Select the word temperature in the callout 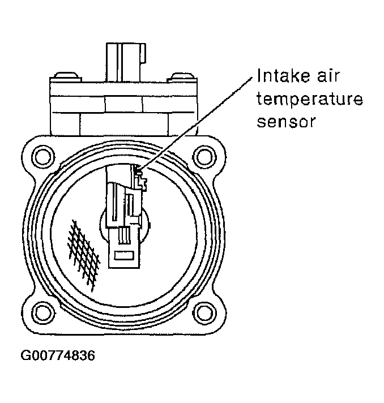pos(309,100)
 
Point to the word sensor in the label pos(285,122)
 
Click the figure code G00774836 pos(58,356)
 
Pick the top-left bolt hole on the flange pos(41,154)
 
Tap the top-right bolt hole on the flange pos(202,154)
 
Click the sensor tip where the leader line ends pos(139,169)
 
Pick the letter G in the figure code pos(26,356)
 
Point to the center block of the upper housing pos(123,104)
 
